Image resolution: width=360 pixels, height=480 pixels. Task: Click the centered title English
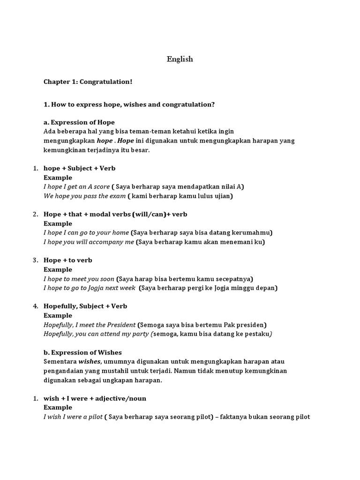pos(180,60)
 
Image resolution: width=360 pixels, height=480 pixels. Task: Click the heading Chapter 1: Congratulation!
pos(88,82)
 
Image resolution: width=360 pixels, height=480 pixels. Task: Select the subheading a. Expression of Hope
pos(79,122)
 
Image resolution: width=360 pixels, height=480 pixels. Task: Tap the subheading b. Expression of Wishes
pos(82,352)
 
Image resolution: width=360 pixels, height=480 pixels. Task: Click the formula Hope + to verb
pos(68,260)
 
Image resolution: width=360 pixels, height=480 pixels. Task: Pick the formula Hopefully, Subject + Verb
pos(85,306)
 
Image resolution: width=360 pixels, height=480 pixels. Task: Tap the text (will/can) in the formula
pos(149,214)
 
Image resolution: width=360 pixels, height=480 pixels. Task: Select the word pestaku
pos(256,334)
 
